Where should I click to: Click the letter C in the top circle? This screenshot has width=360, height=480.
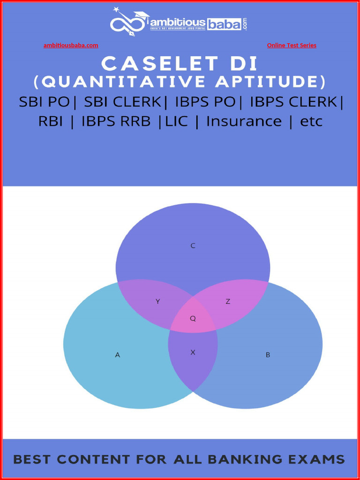[193, 246]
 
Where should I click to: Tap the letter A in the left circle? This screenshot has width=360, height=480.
[118, 355]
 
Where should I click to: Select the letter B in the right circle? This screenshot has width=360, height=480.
[268, 355]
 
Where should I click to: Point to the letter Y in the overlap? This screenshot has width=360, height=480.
[157, 302]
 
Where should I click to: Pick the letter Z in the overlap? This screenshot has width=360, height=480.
[228, 302]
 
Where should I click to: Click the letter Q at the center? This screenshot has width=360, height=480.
[193, 319]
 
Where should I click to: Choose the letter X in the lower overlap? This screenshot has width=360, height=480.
[193, 352]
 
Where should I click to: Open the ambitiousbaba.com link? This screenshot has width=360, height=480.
[71, 45]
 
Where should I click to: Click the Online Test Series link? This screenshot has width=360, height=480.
[292, 45]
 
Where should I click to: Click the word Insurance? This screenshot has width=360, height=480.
[244, 121]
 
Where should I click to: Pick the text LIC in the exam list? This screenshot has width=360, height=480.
[176, 121]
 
